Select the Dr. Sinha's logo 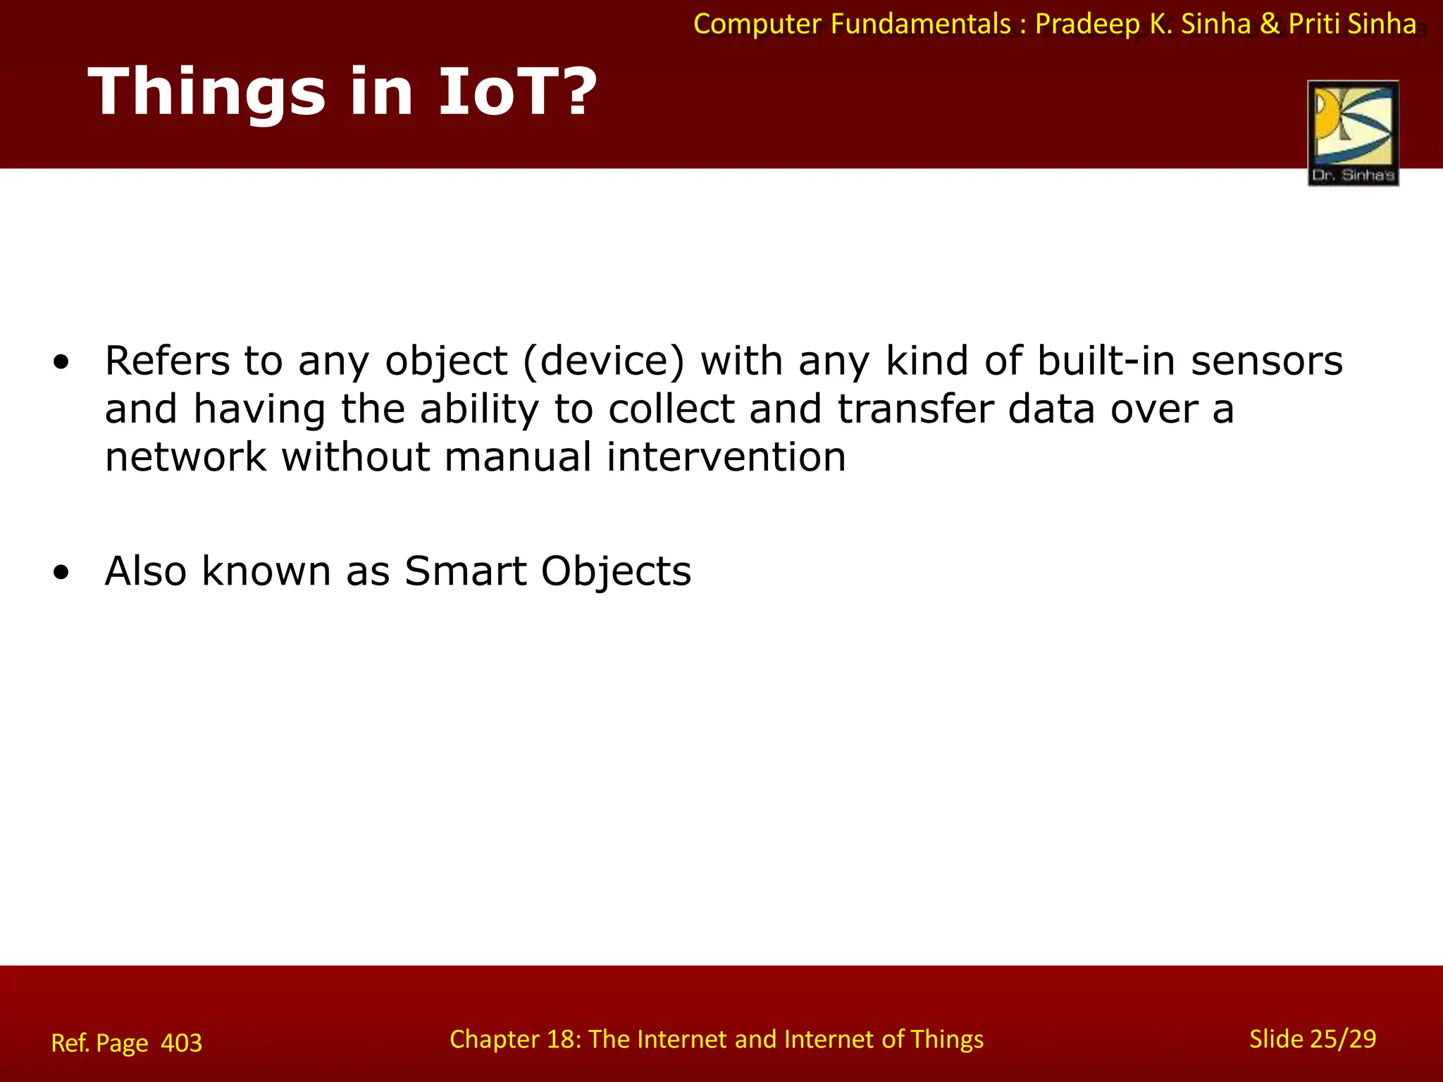[x=1353, y=133]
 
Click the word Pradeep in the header [x=1087, y=25]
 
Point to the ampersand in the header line [x=1269, y=25]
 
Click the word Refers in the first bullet [x=167, y=361]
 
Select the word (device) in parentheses [x=604, y=361]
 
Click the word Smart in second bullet [x=465, y=571]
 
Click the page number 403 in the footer [x=181, y=1043]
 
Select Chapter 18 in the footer [x=514, y=1040]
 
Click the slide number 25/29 [x=1344, y=1039]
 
